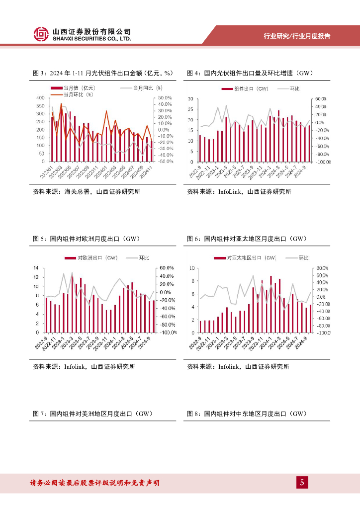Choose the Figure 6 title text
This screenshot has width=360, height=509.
coord(247,239)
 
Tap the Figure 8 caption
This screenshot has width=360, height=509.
coord(247,413)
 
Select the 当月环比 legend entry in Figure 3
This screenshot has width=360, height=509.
coord(79,93)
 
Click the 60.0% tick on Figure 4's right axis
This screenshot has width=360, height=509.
coord(320,99)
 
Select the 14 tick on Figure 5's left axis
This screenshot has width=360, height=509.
coord(35,268)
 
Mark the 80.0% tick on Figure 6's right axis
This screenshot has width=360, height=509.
coord(322,268)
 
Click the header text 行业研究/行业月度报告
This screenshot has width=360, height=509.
coord(297,36)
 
